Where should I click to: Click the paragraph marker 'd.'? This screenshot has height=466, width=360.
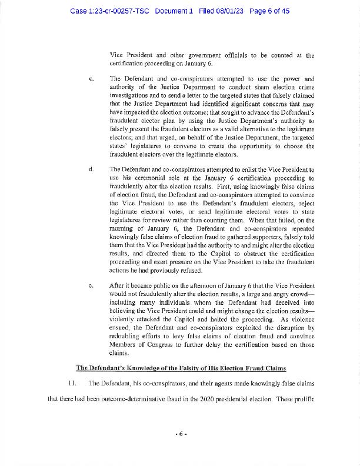click(91, 169)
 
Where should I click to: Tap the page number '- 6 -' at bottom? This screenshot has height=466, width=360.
click(180, 434)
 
